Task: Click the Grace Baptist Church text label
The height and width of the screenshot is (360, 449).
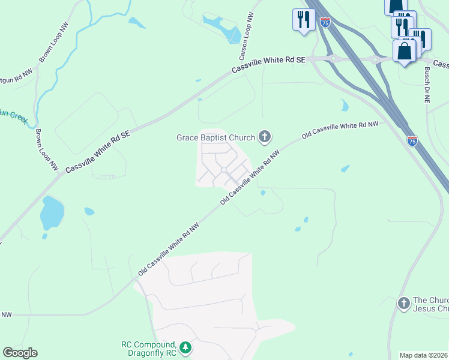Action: [x=215, y=137]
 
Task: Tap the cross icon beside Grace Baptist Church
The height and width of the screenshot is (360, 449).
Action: [x=264, y=137]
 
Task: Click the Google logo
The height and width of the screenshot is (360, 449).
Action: [x=20, y=353]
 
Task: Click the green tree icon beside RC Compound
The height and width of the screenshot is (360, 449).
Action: [x=186, y=347]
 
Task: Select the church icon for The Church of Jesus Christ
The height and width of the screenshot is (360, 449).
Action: [x=403, y=304]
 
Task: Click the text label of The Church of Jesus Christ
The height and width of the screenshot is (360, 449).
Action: [x=430, y=304]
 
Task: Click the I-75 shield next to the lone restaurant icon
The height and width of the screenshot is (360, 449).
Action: [x=325, y=22]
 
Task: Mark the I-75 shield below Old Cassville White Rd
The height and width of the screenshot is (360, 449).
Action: [x=412, y=141]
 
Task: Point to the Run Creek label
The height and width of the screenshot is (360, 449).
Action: [x=13, y=116]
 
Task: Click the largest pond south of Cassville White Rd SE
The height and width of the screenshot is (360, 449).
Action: [x=52, y=212]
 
